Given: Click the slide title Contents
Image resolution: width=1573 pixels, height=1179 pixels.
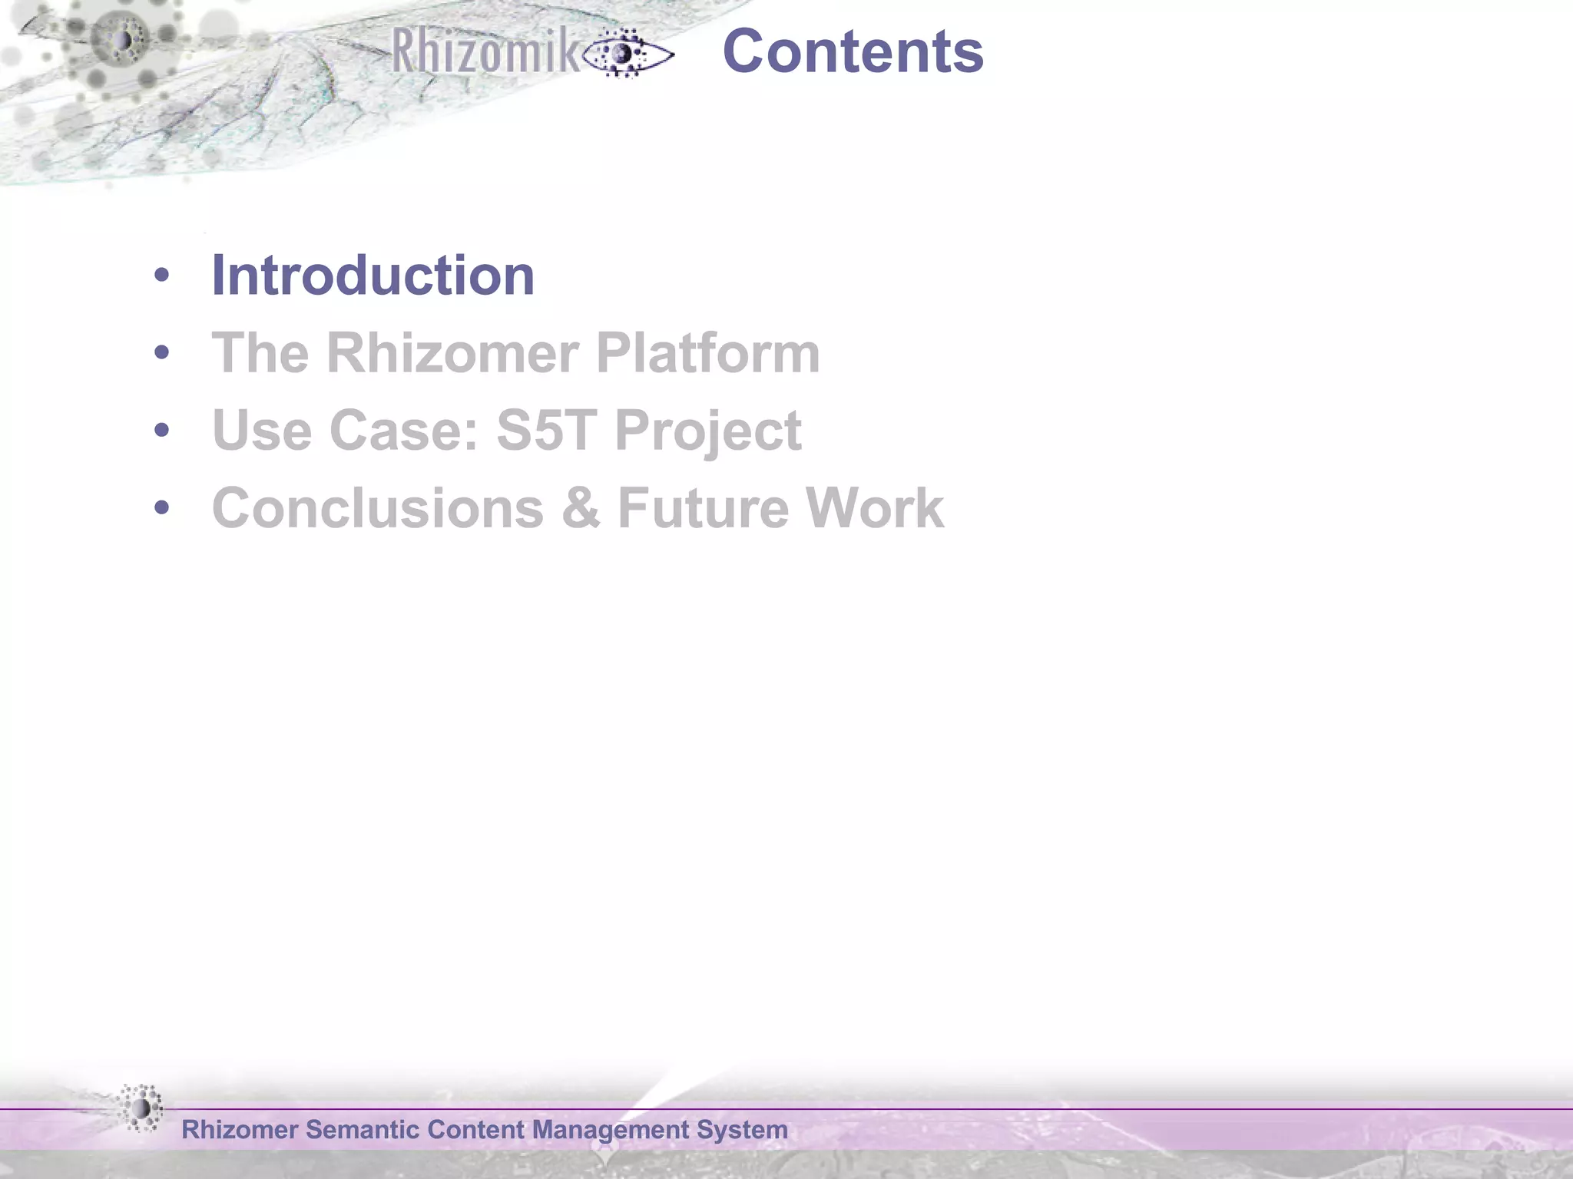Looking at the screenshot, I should click(x=853, y=51).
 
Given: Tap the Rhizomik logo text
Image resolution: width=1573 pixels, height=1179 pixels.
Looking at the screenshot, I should click(x=485, y=51).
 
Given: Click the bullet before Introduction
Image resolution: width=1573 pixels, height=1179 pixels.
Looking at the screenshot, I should click(x=161, y=276).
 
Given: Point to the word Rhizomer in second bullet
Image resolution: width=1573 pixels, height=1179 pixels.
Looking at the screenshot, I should click(x=452, y=353).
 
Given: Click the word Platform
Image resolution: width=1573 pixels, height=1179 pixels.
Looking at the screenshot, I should click(x=707, y=353).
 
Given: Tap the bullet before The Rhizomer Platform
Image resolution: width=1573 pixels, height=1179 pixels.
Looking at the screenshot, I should click(x=161, y=353).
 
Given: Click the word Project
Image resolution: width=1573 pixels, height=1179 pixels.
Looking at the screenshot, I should click(x=707, y=431).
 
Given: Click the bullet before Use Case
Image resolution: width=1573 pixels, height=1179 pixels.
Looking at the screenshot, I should click(x=161, y=430).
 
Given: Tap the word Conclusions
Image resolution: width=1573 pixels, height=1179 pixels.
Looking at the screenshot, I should click(x=377, y=508).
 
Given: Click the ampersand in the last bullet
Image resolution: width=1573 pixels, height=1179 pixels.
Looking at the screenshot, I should click(x=581, y=508).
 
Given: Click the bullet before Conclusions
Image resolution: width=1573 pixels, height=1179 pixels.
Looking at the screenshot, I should click(x=161, y=507).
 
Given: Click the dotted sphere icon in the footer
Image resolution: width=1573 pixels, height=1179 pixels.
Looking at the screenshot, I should click(x=141, y=1108).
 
